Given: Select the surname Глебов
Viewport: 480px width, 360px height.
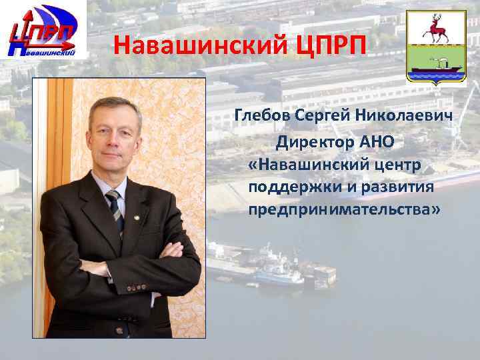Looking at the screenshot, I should click(263, 117).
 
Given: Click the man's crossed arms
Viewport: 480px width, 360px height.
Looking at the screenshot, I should click(133, 260).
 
